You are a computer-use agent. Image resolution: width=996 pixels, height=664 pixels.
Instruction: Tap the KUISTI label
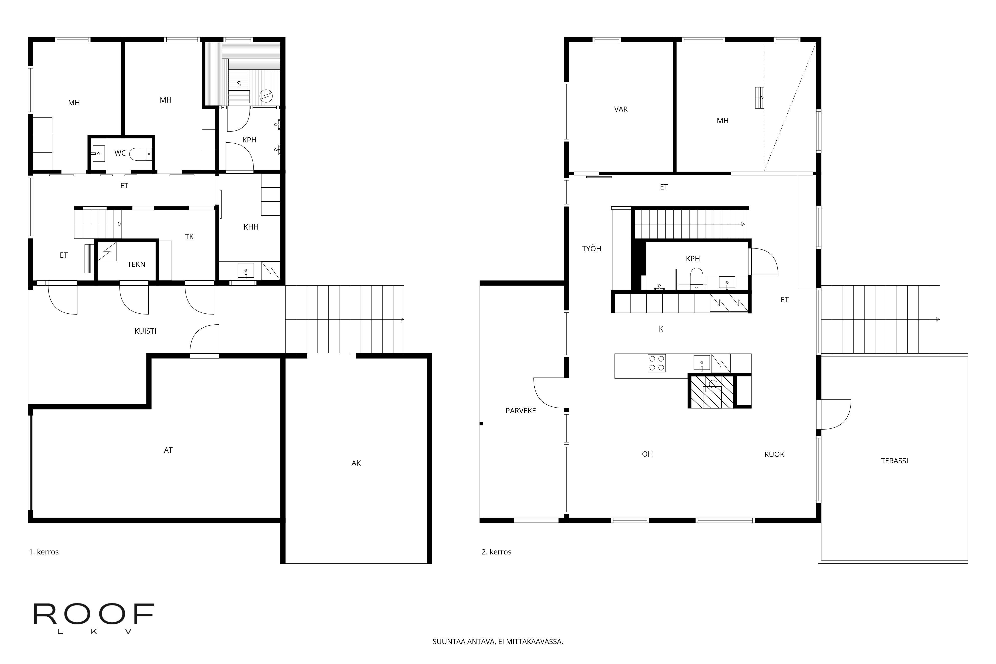coord(145,331)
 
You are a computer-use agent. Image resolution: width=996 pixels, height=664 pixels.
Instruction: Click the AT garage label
coord(168,450)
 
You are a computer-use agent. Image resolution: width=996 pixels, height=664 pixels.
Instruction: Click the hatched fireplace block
coord(711,392)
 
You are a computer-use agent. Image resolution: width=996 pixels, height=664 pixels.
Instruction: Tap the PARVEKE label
coord(520,411)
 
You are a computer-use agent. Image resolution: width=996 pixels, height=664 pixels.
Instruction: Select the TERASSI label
coord(894,461)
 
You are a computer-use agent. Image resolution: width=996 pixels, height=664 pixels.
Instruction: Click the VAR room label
coord(621,109)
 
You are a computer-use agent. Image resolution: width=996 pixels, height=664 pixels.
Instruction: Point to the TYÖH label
coord(592,248)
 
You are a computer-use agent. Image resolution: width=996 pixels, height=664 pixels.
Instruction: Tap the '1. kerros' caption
coord(44,552)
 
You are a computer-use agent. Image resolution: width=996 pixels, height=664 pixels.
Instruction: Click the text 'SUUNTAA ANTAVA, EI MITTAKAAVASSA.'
coord(498,642)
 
